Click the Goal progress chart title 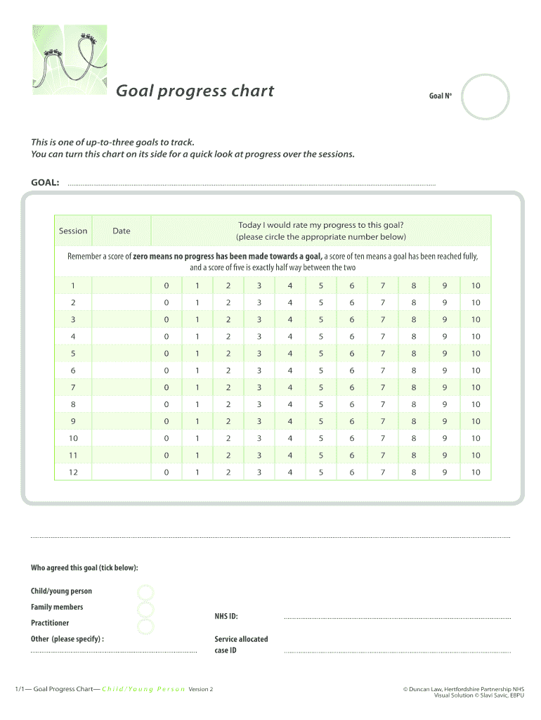(195, 91)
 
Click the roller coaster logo (69, 59)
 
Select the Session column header (73, 231)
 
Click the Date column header (122, 231)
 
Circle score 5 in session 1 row (320, 286)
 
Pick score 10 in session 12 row (476, 472)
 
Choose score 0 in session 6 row (167, 371)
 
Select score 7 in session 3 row (383, 320)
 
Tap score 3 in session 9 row (259, 421)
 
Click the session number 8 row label (73, 404)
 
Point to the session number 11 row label (73, 455)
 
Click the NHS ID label (226, 617)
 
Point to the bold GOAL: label (45, 182)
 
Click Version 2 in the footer (201, 689)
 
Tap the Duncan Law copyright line (463, 689)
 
